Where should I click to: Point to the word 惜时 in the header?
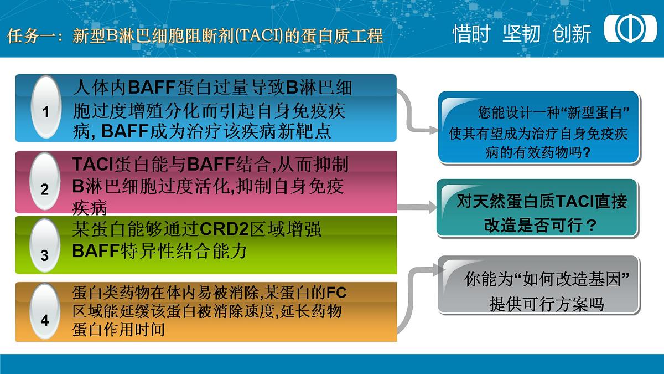471,34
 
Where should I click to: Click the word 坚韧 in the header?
521,34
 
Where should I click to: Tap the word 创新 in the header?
572,34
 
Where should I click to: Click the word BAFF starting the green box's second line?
96,251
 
